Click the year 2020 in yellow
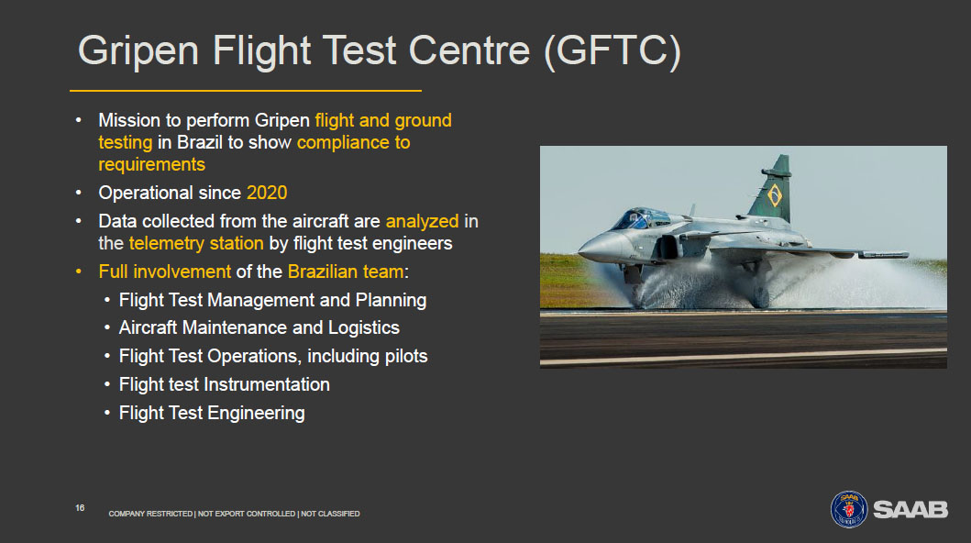(x=267, y=193)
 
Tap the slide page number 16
(x=80, y=508)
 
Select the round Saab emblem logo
(x=849, y=509)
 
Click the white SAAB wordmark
(x=910, y=510)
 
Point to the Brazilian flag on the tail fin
(x=774, y=195)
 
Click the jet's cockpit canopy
(x=641, y=218)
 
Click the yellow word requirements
(x=151, y=165)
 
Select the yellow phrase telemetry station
(x=196, y=243)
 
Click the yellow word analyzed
(x=423, y=222)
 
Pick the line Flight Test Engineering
(x=212, y=413)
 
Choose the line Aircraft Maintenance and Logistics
(x=259, y=327)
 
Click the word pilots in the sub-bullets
(x=406, y=356)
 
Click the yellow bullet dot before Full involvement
(x=79, y=271)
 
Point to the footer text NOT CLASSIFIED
(x=330, y=514)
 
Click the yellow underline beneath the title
(x=245, y=91)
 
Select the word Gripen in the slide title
(x=138, y=50)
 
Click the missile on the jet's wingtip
(x=882, y=254)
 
